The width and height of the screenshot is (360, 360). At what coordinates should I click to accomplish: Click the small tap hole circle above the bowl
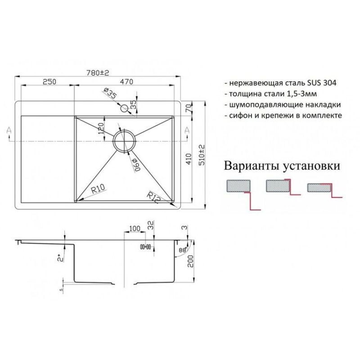pos(123,108)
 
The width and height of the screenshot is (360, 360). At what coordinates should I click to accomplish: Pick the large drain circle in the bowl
pos(124,141)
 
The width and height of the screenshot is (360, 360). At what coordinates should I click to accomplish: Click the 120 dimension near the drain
pos(102,130)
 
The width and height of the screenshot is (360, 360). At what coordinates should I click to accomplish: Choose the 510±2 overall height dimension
pos(201,155)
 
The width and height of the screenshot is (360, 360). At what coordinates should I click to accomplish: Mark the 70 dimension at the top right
pos(188,108)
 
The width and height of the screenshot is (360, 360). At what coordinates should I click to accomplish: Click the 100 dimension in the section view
pos(134,229)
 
